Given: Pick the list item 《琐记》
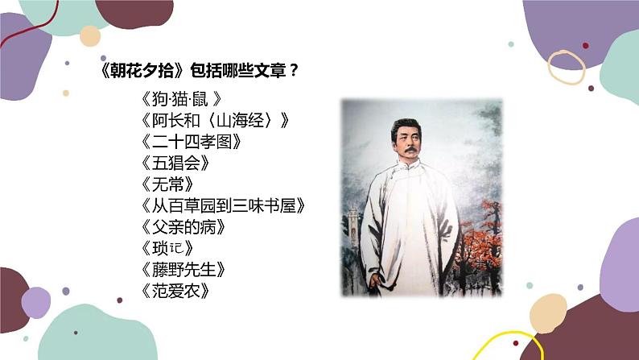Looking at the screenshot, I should [x=166, y=247].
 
